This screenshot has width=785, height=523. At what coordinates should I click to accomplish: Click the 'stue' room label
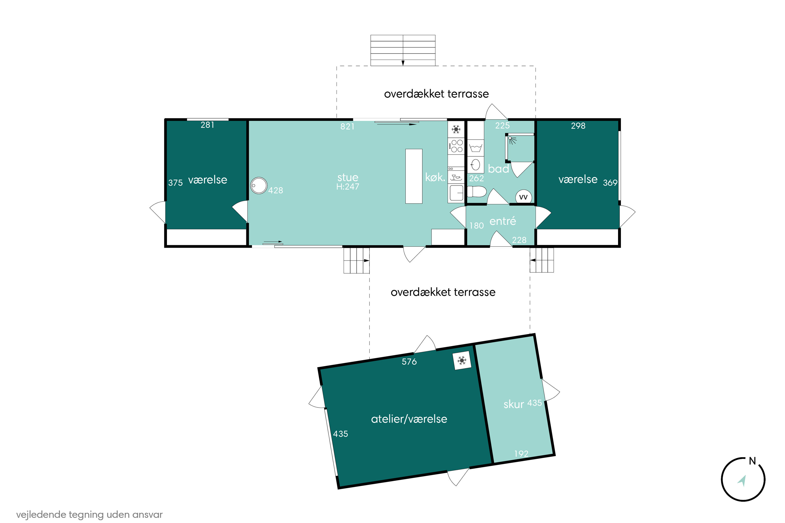tap(348, 178)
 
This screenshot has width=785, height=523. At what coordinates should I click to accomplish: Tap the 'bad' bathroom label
tap(498, 169)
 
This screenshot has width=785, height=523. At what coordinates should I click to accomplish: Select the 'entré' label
tap(503, 221)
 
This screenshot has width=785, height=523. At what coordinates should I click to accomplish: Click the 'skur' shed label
tap(514, 404)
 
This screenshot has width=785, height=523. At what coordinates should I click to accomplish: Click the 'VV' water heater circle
tap(523, 197)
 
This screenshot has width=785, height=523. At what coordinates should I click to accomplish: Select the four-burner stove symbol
tap(456, 146)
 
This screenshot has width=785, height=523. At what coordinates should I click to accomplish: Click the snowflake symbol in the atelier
tap(462, 361)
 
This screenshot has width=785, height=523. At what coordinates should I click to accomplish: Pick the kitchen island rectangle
tap(414, 176)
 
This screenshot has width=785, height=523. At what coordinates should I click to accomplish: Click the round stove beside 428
tap(259, 185)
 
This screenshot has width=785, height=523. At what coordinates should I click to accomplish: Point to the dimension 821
tap(347, 126)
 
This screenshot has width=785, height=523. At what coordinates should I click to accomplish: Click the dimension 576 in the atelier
tap(409, 362)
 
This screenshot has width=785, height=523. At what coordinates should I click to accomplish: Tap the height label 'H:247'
tap(348, 187)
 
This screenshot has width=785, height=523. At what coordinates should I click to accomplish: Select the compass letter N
tap(752, 461)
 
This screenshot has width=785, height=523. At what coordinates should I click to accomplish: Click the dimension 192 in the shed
tap(521, 454)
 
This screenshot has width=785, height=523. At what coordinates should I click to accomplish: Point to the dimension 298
tap(578, 126)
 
